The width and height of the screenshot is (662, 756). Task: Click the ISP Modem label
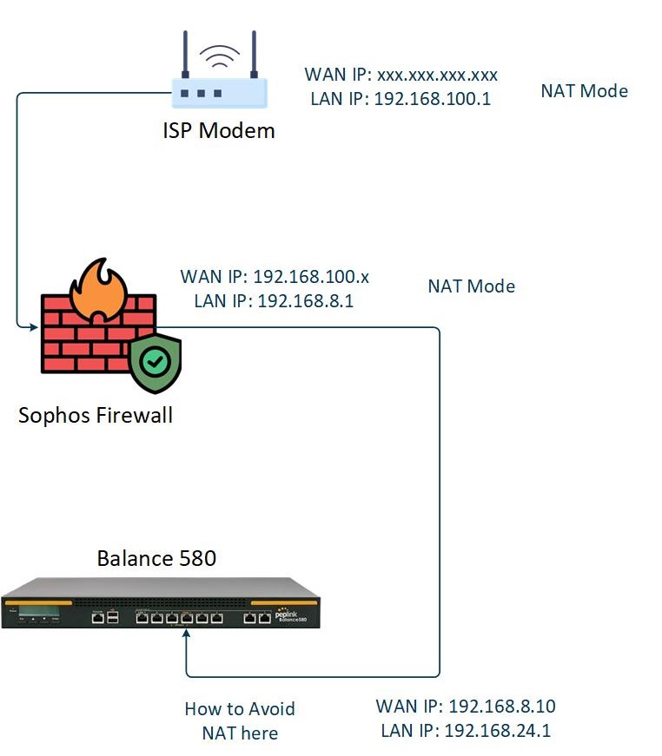click(219, 130)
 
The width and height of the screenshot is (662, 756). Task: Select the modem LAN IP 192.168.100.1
click(401, 99)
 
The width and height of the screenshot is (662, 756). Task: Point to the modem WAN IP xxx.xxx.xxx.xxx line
click(401, 75)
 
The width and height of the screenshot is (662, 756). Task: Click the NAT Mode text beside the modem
click(584, 90)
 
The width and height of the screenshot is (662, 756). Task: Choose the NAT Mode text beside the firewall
click(471, 286)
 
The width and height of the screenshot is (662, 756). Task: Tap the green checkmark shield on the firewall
click(156, 363)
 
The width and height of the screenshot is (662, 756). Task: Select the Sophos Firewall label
click(96, 415)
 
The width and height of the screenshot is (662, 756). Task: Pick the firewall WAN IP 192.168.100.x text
click(275, 277)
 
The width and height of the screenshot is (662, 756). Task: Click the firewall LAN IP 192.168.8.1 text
click(275, 301)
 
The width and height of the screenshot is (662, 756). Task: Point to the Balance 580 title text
click(156, 558)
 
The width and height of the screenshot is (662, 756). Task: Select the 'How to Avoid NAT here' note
click(240, 720)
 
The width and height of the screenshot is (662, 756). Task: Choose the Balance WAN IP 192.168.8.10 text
click(466, 706)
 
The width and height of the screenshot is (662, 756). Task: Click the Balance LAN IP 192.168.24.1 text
click(466, 730)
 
